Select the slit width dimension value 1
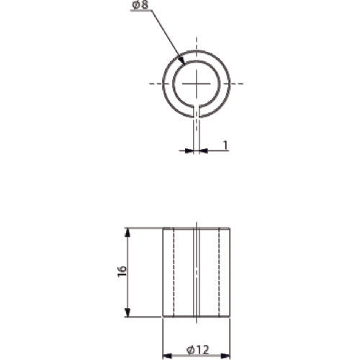tap(225, 145)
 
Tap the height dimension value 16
tap(122, 271)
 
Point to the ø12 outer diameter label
tap(197, 349)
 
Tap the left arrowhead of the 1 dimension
tap(189, 150)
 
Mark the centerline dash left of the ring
tap(156, 84)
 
